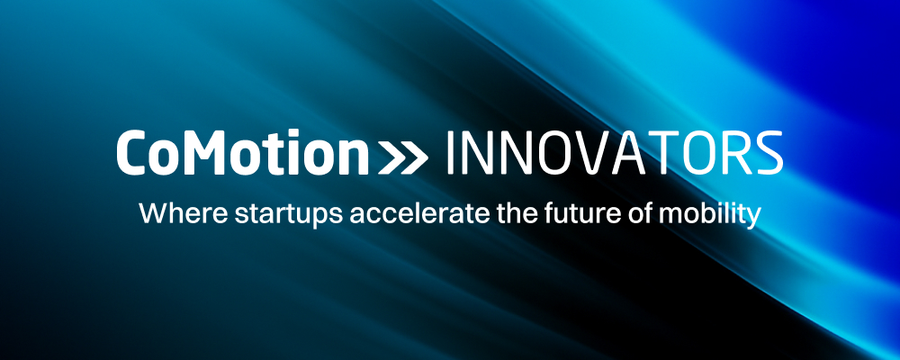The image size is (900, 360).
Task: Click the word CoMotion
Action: (x=243, y=153)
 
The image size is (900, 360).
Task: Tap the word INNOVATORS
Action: (x=614, y=153)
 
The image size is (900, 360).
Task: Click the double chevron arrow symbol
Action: (x=403, y=159)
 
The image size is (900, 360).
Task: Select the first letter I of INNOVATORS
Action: (x=450, y=153)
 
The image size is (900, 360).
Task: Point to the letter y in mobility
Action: (x=753, y=219)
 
